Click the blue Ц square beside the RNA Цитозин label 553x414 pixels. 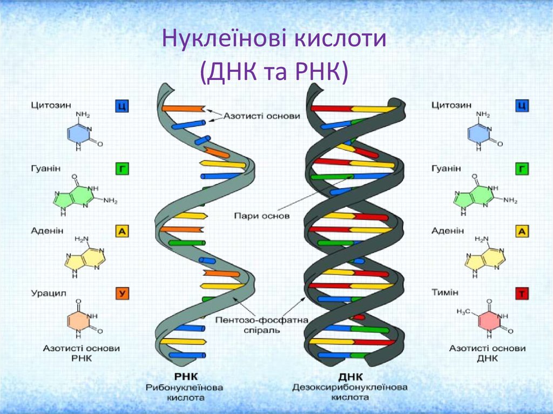click(x=122, y=106)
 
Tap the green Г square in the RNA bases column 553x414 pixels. click(x=122, y=169)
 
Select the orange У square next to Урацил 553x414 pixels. click(x=122, y=294)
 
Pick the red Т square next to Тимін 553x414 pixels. click(x=522, y=294)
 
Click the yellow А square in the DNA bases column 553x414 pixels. click(x=522, y=232)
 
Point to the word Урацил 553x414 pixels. click(x=49, y=294)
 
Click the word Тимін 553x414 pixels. click(x=445, y=293)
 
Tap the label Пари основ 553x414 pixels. click(x=262, y=215)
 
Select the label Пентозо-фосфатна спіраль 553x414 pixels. click(x=262, y=325)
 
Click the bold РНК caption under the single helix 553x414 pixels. click(x=186, y=377)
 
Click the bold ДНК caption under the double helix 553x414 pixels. click(x=350, y=377)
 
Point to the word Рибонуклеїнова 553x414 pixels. click(x=185, y=388)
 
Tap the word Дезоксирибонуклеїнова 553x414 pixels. click(x=349, y=388)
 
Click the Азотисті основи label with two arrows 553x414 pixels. click(x=262, y=116)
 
